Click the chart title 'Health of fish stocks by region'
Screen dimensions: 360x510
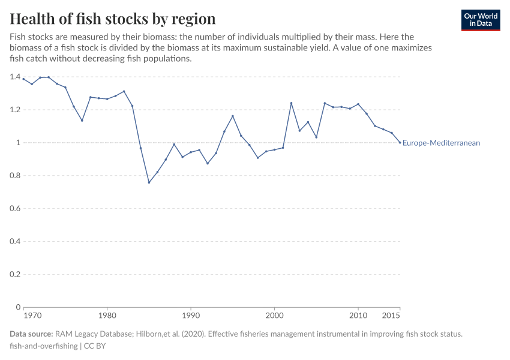(113, 18)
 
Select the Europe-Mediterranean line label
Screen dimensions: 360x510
(441, 143)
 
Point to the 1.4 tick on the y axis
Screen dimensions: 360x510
(15, 77)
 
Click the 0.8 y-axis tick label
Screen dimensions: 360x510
(15, 176)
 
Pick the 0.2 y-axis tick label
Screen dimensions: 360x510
(15, 274)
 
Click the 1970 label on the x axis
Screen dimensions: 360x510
(32, 315)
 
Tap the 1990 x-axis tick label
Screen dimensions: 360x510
(191, 315)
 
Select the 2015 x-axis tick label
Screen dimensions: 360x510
(391, 315)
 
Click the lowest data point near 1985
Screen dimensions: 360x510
(149, 182)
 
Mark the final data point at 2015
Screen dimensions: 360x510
(400, 142)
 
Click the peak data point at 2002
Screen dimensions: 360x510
(291, 103)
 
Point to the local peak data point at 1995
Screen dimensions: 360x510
(233, 116)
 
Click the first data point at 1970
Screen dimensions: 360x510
(23, 79)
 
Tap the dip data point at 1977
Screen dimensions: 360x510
(82, 121)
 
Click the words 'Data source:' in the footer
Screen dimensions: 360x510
(31, 334)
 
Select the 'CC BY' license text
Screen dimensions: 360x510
(95, 346)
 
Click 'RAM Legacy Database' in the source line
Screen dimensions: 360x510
(92, 334)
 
